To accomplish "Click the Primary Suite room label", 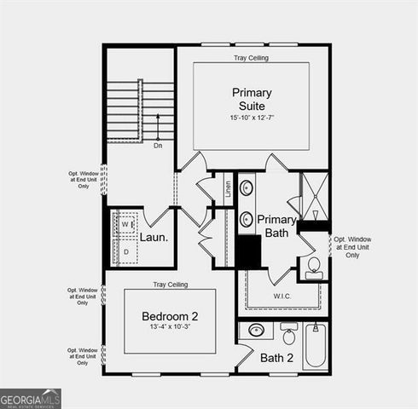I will click(x=252, y=98).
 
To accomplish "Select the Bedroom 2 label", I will click(x=170, y=317).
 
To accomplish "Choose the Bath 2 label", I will click(x=277, y=358).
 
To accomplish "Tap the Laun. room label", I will click(x=154, y=238).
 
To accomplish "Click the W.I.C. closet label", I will click(x=284, y=297).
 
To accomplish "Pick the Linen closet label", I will click(x=228, y=189).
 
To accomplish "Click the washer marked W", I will click(x=125, y=226).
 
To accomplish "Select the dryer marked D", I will click(x=126, y=252).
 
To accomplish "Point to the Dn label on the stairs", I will click(x=158, y=146).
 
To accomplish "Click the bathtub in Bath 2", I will click(x=316, y=345).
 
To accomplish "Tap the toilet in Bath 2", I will click(x=289, y=335).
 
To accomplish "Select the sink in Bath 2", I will click(x=255, y=331).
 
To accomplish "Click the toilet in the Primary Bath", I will click(x=313, y=268).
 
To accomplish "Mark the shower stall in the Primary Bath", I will click(x=315, y=196).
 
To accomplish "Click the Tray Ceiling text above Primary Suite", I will click(x=252, y=58).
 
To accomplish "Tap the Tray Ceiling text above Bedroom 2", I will click(x=170, y=284).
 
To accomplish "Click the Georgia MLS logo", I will click(x=31, y=398).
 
